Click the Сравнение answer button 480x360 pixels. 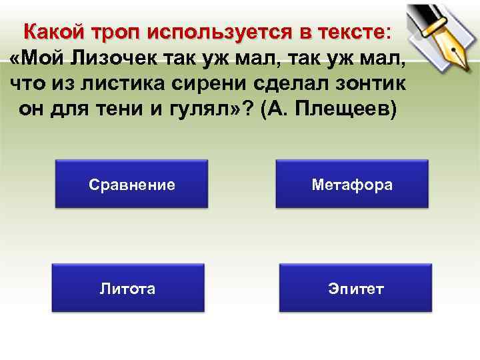131,185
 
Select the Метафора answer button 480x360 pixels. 352,185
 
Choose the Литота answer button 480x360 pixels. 128,288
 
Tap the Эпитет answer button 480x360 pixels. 355,288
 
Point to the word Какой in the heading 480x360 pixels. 56,32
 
